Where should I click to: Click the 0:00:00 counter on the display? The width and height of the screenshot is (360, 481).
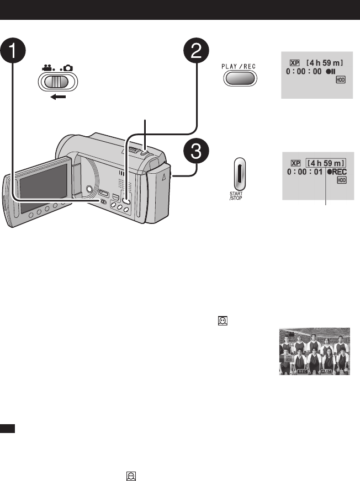click(x=304, y=72)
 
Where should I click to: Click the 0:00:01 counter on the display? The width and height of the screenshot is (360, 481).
click(x=303, y=172)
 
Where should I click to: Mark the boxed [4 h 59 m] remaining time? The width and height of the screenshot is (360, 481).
click(x=327, y=163)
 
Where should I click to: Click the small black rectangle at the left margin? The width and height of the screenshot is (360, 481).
click(x=8, y=428)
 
